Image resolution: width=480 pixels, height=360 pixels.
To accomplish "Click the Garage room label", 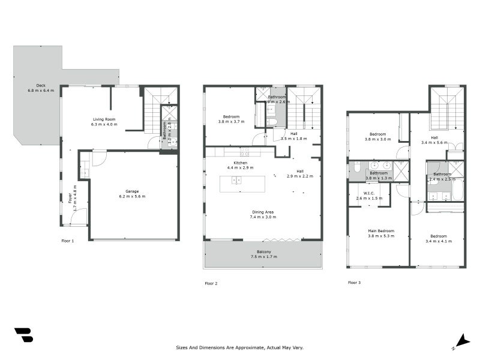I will coord(132,191).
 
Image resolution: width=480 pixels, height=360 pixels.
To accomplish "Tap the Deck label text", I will coord(41,85).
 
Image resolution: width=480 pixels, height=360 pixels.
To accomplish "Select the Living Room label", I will coord(104,119).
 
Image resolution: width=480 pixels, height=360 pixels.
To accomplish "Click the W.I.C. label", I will coord(369,193).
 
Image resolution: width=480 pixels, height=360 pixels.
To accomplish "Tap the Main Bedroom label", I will coord(381,230).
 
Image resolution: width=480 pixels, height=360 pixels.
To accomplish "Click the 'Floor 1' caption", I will coord(68,241).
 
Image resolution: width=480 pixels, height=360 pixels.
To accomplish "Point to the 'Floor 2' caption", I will coord(211,283).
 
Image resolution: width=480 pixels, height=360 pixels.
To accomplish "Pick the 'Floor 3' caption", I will coord(355,282).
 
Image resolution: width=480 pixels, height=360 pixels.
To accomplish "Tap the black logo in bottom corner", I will coord(23,335).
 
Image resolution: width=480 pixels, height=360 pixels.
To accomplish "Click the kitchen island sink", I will coord(236,179).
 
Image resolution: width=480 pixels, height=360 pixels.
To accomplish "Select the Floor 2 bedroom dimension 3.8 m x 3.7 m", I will coord(232,121).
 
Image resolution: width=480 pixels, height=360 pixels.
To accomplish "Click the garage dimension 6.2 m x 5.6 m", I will coord(132,196).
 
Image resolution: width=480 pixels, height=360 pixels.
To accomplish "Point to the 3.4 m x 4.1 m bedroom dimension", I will coord(438,241).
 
